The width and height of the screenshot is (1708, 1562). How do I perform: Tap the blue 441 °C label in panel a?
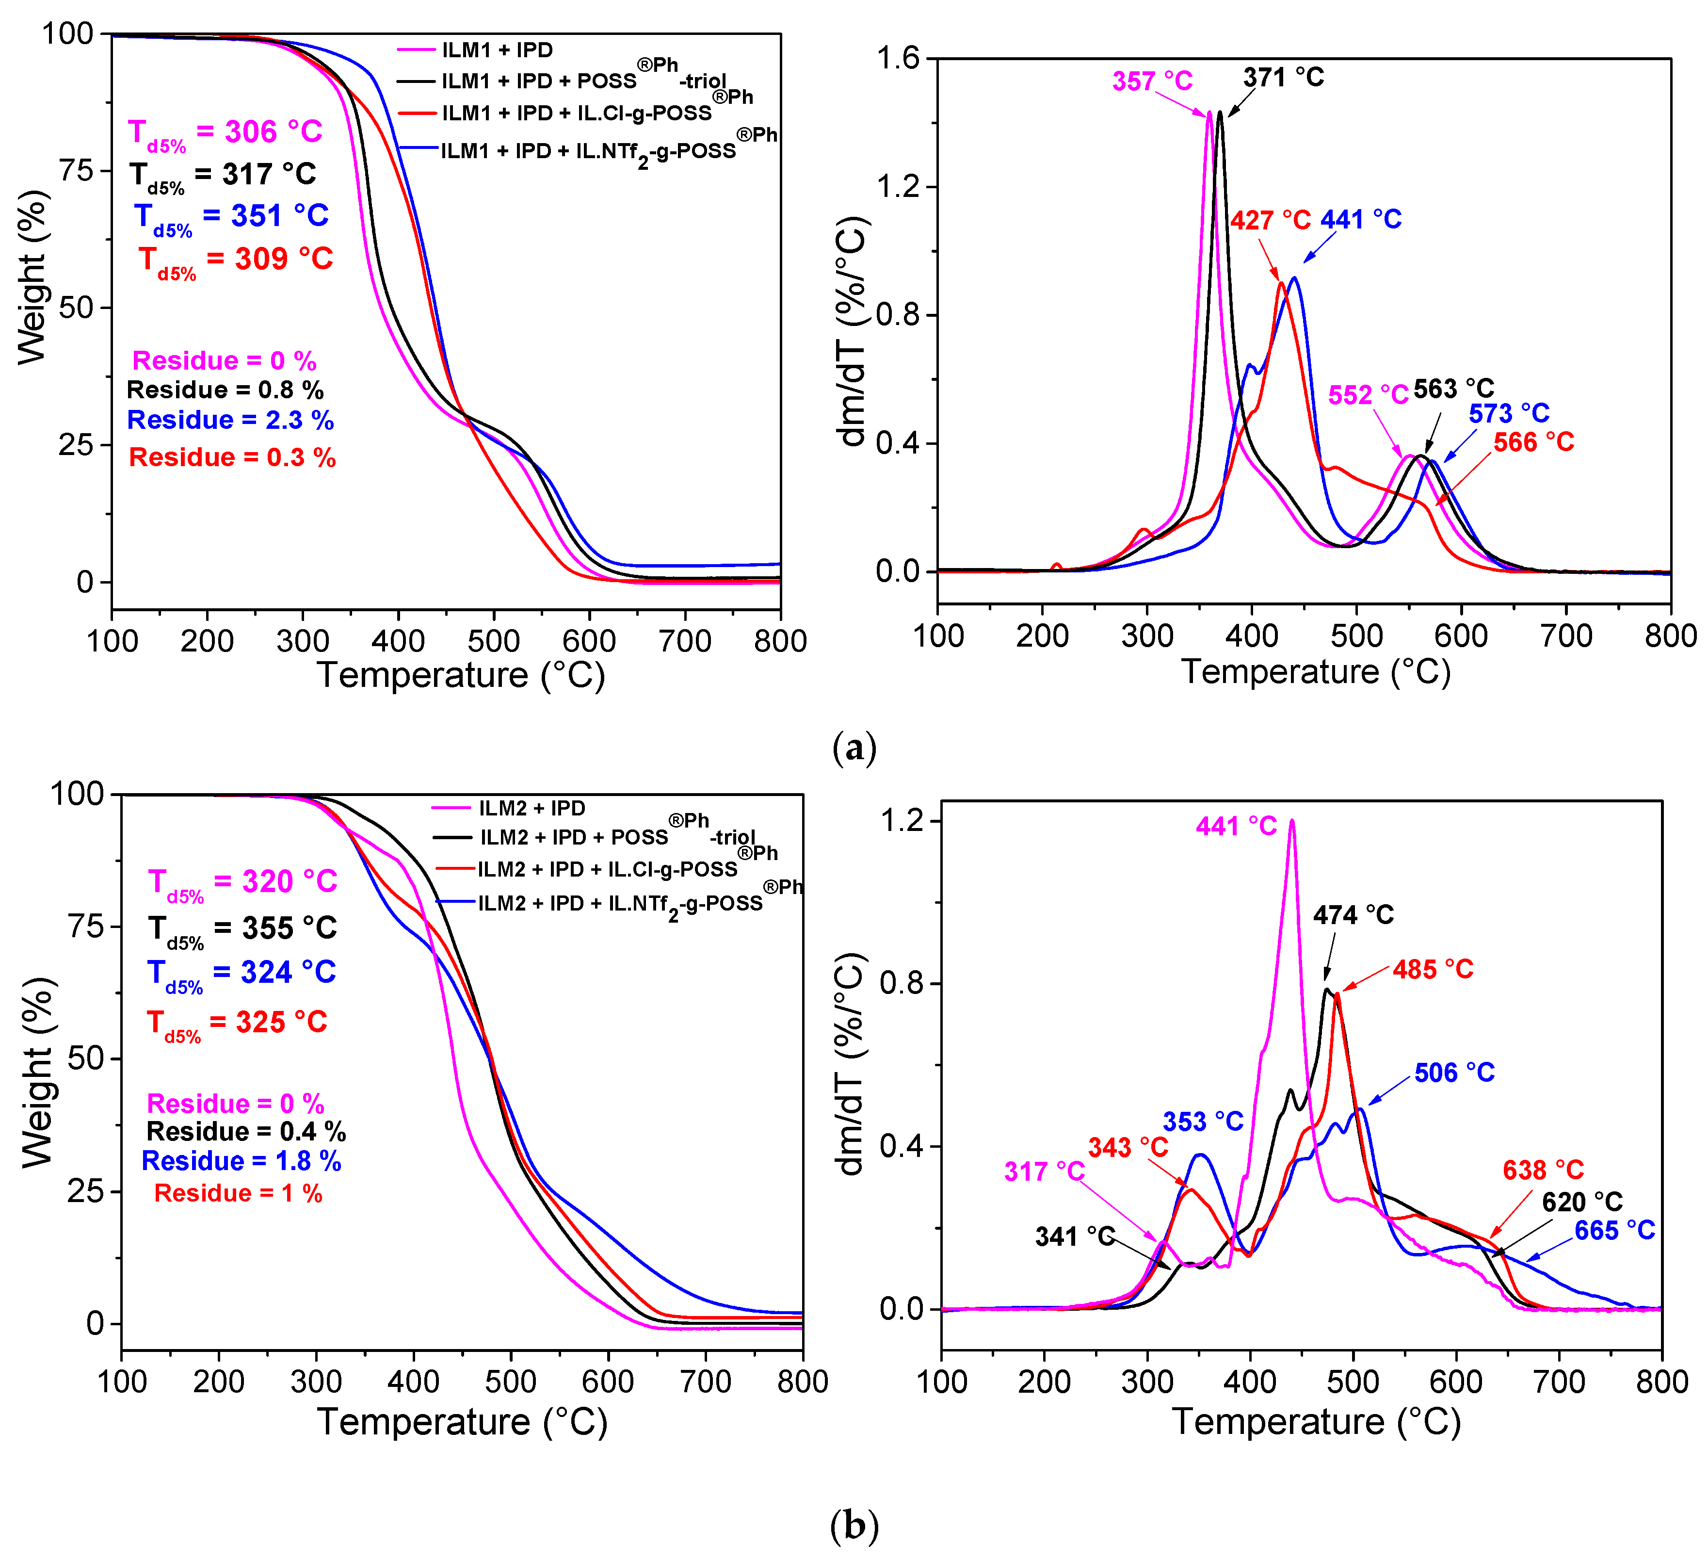1361,220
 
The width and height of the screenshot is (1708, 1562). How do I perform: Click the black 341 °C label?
1074,1237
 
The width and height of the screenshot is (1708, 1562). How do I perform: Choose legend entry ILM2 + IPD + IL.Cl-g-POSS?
607,870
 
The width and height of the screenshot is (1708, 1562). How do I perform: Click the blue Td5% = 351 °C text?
231,217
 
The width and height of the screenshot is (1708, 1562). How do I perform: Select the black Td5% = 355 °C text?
242,929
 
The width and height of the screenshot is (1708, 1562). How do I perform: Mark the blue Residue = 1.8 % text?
242,1161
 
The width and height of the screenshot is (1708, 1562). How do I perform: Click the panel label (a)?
854,749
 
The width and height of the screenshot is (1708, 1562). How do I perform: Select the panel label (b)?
854,1527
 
